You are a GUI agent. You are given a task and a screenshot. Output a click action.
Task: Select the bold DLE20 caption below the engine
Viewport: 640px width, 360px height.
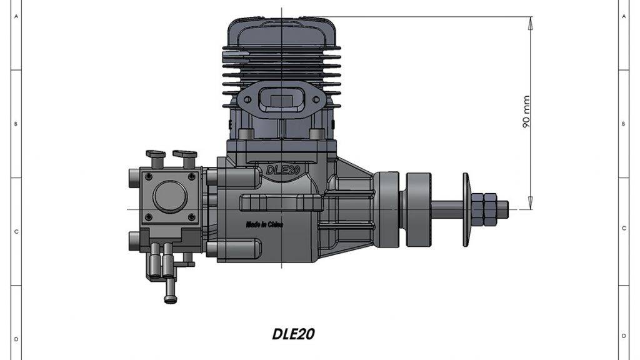pyautogui.click(x=293, y=334)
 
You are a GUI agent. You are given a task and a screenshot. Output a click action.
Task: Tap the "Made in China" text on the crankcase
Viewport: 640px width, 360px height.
pyautogui.click(x=264, y=224)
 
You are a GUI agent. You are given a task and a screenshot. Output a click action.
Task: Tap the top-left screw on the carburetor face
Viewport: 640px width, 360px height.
pyautogui.click(x=148, y=177)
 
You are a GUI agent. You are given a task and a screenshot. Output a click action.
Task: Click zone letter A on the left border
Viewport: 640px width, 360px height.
pyautogui.click(x=15, y=17)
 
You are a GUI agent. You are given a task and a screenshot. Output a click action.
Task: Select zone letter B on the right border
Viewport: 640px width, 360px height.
pyautogui.click(x=624, y=124)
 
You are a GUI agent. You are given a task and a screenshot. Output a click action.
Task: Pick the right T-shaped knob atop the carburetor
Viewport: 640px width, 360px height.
pyautogui.click(x=184, y=155)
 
